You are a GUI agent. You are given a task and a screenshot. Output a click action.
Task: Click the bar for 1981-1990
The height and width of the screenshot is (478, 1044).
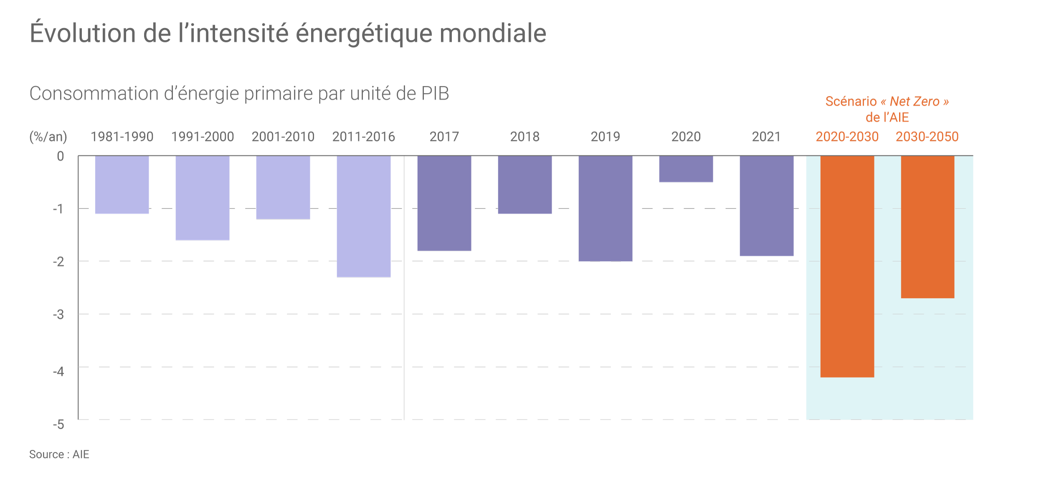point(122,184)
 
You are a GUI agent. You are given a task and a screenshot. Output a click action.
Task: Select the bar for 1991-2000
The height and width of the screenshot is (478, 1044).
point(203,198)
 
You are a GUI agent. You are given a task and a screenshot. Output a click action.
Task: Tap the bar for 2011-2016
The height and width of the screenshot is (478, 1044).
point(364,216)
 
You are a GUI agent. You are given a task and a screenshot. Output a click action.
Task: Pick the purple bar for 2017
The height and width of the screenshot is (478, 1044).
point(444,203)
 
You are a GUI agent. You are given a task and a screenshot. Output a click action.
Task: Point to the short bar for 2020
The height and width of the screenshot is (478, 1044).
point(686,169)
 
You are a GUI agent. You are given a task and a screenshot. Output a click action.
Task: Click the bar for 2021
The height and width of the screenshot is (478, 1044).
point(767,206)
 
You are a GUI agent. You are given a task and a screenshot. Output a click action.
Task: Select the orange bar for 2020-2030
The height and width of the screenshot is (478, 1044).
point(847,266)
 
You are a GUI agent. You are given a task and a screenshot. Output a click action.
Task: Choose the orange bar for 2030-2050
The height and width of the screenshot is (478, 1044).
point(927,226)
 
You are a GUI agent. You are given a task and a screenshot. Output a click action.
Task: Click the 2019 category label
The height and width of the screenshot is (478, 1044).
point(605,137)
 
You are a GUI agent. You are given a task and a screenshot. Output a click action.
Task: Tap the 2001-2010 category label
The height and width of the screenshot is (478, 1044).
point(283,137)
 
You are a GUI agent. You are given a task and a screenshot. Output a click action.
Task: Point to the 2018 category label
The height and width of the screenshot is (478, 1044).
point(525,137)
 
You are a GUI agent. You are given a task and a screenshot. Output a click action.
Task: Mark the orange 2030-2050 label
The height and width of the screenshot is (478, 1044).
point(927,137)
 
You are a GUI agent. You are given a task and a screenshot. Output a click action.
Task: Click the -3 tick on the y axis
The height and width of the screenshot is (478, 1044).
point(58,314)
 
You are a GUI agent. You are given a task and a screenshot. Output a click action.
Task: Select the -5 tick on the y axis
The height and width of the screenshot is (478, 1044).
point(58,425)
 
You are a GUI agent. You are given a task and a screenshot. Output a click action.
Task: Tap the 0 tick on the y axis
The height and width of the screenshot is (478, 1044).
point(60,156)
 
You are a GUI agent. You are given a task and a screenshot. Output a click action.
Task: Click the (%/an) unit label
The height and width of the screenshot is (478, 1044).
point(48,137)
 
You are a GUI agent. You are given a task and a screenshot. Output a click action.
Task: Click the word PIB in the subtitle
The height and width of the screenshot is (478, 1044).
point(435,93)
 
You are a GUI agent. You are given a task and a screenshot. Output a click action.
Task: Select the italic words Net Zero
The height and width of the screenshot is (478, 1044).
point(914,102)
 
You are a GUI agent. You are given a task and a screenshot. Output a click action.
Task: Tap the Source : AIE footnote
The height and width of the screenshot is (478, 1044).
point(59,455)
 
